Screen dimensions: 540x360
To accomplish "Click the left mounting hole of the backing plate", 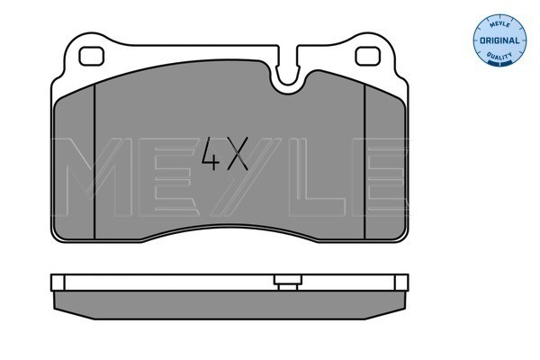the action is pos(91,56).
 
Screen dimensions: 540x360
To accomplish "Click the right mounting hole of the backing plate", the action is pos(368,56).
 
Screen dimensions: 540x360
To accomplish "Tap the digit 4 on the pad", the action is pos(211,154).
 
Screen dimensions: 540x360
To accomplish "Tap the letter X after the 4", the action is pos(236,154).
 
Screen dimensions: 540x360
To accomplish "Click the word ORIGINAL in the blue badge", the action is pos(499,40).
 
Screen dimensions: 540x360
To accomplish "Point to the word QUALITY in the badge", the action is pos(499,56).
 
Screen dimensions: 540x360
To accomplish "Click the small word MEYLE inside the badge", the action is pos(499,25).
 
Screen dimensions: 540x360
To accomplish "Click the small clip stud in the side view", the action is pos(288,283).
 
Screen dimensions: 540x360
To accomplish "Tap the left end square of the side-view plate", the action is pos(58,283).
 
